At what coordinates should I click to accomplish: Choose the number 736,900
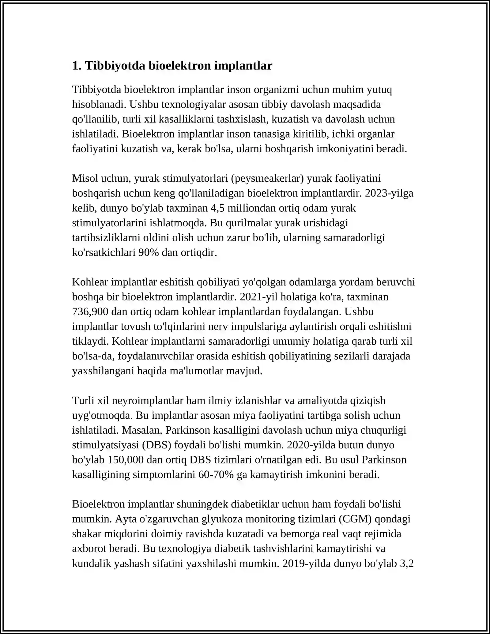coord(90,311)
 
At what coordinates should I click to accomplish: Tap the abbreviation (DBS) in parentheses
coord(156,445)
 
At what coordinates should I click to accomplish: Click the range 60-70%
coord(216,474)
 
